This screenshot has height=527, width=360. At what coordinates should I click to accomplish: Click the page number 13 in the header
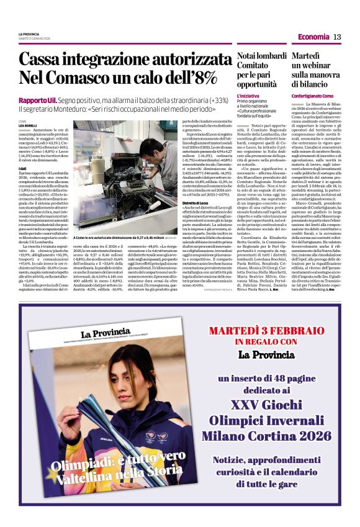tap(337, 37)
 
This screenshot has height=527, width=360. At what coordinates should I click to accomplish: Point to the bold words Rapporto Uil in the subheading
tap(38, 100)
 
